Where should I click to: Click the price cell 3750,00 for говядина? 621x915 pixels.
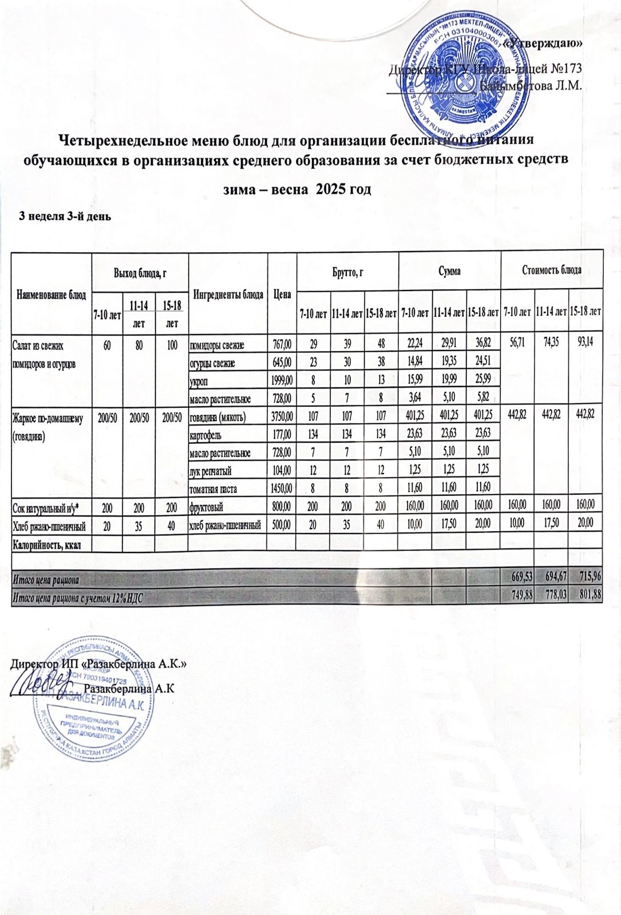pyautogui.click(x=282, y=418)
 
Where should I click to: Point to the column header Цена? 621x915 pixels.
pyautogui.click(x=282, y=295)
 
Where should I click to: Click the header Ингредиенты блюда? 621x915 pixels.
pyautogui.click(x=228, y=295)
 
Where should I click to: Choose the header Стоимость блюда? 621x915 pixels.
pyautogui.click(x=552, y=270)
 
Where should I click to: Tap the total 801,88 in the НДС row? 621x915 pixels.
pyautogui.click(x=590, y=596)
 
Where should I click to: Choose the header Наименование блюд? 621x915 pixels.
pyautogui.click(x=52, y=295)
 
